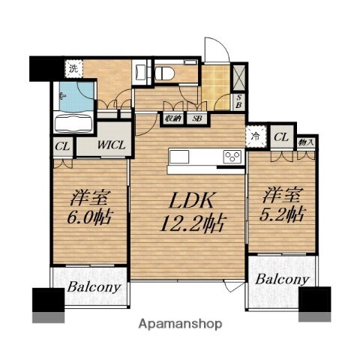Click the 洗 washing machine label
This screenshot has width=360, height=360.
(73, 68)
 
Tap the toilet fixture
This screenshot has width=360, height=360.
(166, 72)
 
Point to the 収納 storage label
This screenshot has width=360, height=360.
(172, 118)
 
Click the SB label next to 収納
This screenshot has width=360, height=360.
(196, 118)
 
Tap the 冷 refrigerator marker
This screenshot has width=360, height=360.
(256, 136)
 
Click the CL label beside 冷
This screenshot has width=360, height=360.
(280, 136)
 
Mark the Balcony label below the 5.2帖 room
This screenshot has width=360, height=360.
(282, 278)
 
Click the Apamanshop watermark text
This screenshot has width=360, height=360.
(180, 325)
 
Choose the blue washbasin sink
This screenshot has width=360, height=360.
(73, 96)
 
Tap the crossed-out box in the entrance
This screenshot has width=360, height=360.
(239, 76)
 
